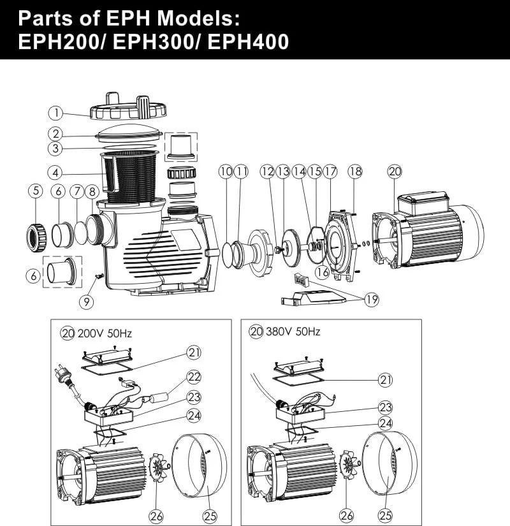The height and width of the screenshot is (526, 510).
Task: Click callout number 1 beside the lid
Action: click(55, 113)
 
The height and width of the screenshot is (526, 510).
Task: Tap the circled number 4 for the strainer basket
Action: click(55, 173)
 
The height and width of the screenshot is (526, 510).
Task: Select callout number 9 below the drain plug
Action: click(87, 302)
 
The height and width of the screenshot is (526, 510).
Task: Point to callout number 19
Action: click(372, 299)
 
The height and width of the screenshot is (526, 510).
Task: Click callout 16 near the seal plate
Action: click(323, 272)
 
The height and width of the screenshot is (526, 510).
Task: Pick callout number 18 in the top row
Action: click(355, 172)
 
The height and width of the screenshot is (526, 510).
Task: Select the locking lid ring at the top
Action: click(128, 106)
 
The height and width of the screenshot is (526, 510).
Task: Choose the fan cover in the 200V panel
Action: click(200, 470)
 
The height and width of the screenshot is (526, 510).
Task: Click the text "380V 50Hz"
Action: click(293, 332)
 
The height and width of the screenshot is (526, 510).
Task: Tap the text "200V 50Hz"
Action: click(105, 333)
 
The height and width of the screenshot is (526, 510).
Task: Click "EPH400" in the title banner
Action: click(248, 41)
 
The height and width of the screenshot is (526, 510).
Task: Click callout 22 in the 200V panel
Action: click(194, 377)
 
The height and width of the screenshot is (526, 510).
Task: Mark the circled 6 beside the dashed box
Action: click(33, 276)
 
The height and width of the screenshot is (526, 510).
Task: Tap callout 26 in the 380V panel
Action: click(347, 516)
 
